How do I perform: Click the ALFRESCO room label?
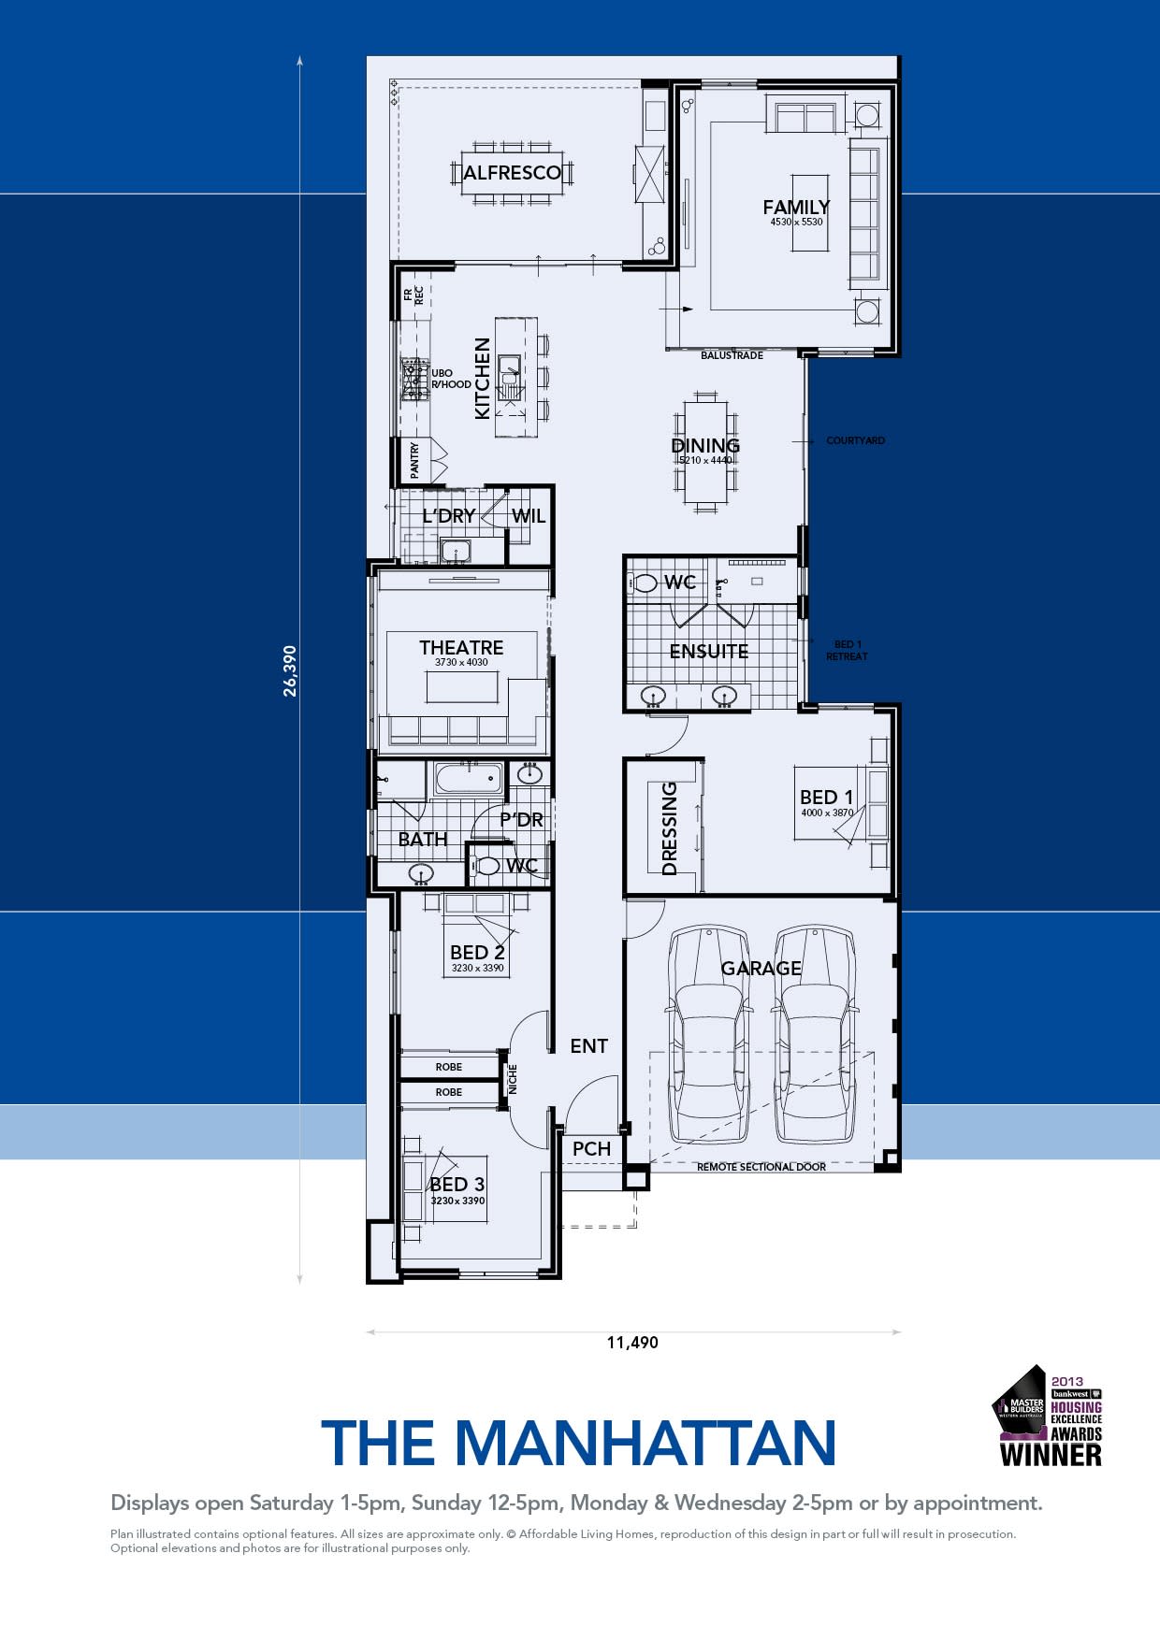512,172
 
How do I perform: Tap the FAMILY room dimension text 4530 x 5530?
796,223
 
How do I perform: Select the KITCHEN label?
483,379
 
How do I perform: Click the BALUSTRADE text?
732,355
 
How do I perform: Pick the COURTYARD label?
855,440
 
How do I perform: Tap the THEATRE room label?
461,647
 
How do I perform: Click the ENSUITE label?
708,651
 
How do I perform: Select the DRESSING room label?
670,828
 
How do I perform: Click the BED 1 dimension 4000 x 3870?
827,813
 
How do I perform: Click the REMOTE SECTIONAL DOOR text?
761,1167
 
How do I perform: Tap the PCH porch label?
591,1148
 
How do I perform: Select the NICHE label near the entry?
513,1079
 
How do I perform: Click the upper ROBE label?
448,1067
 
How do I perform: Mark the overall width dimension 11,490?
632,1343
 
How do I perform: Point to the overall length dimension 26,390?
290,670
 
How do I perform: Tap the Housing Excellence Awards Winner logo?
1048,1416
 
